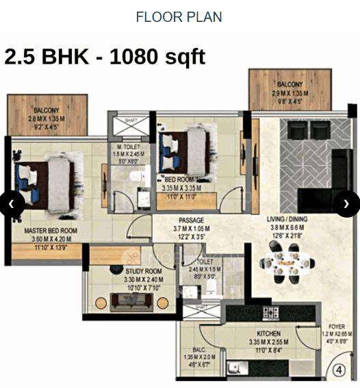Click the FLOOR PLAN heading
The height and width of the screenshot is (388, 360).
pyautogui.click(x=179, y=16)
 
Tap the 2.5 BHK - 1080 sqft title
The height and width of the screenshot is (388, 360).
pyautogui.click(x=105, y=56)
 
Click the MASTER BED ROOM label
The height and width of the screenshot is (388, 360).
pyautogui.click(x=51, y=231)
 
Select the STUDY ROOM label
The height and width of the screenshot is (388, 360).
pyautogui.click(x=125, y=271)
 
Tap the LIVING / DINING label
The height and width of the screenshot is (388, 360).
pyautogui.click(x=288, y=220)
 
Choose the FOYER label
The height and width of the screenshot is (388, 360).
pyautogui.click(x=336, y=327)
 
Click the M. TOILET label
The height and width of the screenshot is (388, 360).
pyautogui.click(x=129, y=147)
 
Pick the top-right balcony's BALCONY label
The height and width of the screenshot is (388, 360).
pyautogui.click(x=290, y=84)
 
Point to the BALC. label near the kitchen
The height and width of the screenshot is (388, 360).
pyautogui.click(x=199, y=350)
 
